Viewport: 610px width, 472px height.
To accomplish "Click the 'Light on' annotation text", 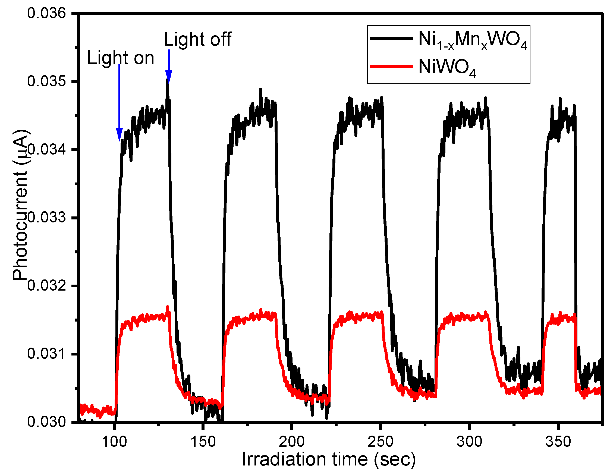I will [121, 58].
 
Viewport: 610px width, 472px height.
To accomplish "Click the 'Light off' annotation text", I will [197, 39].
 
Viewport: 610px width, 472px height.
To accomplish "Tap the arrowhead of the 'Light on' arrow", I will [119, 134].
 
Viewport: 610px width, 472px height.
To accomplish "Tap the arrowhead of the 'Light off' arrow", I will [169, 77].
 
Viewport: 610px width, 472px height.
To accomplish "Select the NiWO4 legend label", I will [447, 68].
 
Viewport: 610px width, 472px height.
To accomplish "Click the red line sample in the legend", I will [391, 67].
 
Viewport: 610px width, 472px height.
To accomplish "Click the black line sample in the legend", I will [391, 39].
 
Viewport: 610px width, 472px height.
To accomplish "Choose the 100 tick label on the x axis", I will [114, 442].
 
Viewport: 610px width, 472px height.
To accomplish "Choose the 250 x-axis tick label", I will [381, 442].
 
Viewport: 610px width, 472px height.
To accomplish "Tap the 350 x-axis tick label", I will [558, 442].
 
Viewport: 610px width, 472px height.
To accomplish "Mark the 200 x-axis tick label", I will [292, 442].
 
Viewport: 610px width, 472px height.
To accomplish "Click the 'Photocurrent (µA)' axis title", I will [20, 205].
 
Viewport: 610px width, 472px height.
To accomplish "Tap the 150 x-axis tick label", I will [203, 442].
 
